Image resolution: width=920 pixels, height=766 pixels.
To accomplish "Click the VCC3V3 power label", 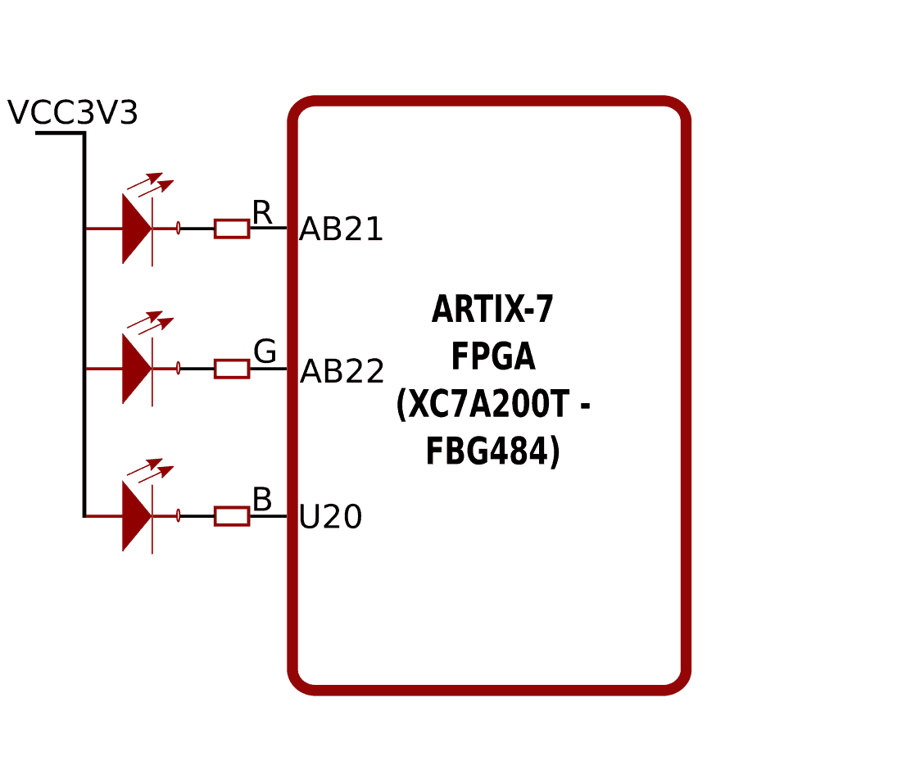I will tap(72, 113).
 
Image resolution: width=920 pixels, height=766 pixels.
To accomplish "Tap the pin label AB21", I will tap(341, 229).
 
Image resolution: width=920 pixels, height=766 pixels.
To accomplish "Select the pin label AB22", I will tap(342, 372).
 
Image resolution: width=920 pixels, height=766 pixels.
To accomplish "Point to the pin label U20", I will tap(330, 518).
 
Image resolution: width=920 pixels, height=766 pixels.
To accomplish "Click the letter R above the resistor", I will tap(262, 213).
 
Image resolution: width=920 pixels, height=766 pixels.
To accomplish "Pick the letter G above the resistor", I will tap(265, 352).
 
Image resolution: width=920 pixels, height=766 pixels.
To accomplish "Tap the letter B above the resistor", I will tap(262, 500).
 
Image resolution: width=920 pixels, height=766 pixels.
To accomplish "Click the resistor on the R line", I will tap(232, 229).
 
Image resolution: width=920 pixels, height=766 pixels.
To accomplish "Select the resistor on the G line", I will tap(232, 369).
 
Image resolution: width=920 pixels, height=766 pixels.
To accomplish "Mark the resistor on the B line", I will tap(232, 516).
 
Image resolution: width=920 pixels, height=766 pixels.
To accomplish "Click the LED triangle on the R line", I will tap(136, 229).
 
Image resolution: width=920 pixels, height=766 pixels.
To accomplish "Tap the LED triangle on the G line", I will tap(136, 369).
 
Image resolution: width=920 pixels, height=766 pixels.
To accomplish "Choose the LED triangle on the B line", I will tap(136, 516).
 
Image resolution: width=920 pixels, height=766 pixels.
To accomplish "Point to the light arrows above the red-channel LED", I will tap(151, 184).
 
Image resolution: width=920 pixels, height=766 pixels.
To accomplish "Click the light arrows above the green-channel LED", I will tap(151, 323).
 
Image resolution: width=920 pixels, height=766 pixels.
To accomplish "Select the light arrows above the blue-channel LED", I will tap(151, 470).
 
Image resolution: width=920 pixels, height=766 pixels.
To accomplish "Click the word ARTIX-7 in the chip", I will tap(492, 310).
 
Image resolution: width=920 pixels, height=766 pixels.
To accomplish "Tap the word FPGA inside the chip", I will tap(493, 357).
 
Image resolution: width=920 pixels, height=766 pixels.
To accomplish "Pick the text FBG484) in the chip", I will tap(492, 452).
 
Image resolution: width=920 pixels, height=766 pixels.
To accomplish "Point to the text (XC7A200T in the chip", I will tap(483, 405).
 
